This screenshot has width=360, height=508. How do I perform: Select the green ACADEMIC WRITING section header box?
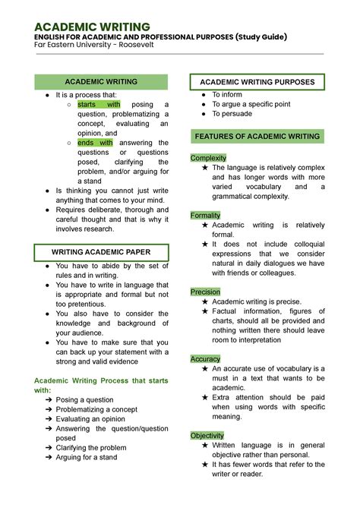(x=101, y=81)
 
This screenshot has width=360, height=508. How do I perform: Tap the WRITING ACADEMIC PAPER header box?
(x=101, y=251)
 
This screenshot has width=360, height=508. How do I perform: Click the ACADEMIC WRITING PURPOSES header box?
(x=257, y=81)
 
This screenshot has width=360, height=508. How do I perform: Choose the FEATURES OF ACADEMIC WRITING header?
(x=257, y=136)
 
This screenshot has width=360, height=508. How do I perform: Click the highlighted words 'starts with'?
(x=99, y=105)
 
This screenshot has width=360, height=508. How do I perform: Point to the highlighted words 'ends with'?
(x=95, y=143)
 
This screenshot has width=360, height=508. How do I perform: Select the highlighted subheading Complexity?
(x=208, y=158)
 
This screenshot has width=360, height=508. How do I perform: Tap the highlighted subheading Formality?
(x=205, y=216)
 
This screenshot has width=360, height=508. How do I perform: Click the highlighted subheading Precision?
(x=205, y=292)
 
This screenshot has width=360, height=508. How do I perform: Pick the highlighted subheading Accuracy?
(x=205, y=359)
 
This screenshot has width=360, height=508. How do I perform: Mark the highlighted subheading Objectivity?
(x=207, y=436)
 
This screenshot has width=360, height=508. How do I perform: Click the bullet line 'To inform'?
(x=228, y=94)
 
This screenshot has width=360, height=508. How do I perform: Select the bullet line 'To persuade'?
(x=232, y=114)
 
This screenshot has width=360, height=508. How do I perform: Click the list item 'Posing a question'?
(x=84, y=399)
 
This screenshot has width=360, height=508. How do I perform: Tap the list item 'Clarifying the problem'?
(x=91, y=447)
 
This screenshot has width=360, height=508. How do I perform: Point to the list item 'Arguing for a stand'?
(x=87, y=457)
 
